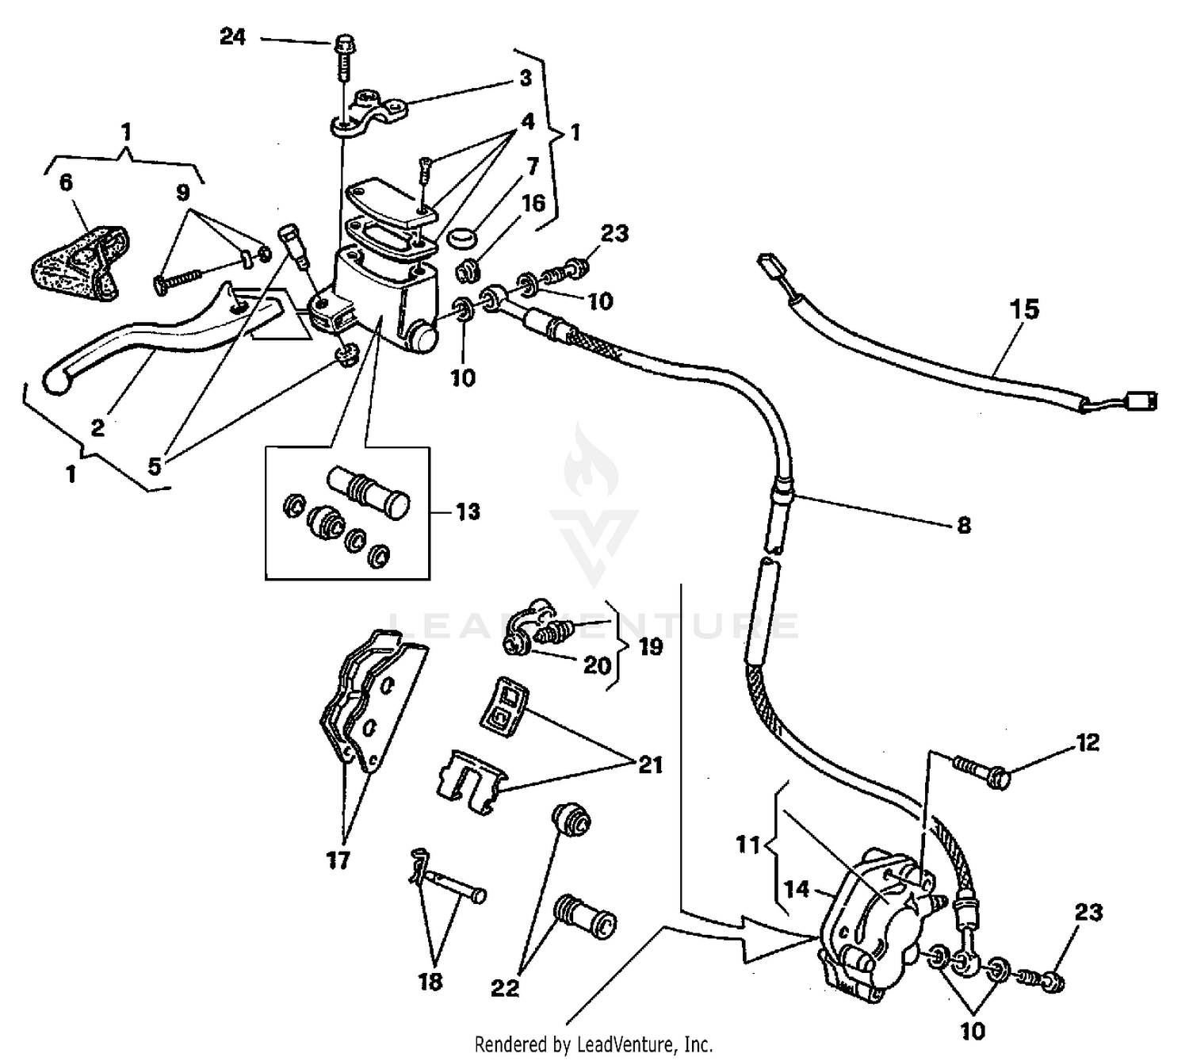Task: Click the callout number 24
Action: tap(232, 36)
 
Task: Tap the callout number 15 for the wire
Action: tap(1024, 309)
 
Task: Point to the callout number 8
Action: tap(964, 525)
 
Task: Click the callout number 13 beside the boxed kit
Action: tap(468, 511)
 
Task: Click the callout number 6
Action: tap(66, 182)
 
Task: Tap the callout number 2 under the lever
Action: tap(97, 428)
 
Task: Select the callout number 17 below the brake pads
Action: tap(338, 860)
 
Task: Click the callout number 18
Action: tap(430, 982)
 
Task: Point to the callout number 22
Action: tap(505, 988)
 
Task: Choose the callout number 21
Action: tap(650, 765)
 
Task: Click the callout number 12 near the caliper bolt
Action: tap(1088, 742)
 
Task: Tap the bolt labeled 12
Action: tap(983, 773)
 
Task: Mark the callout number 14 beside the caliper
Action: tap(797, 889)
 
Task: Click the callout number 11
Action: tap(747, 845)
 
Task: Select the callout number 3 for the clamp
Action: tap(526, 79)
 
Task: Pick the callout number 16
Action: tap(533, 203)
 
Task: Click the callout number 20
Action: tap(596, 665)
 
